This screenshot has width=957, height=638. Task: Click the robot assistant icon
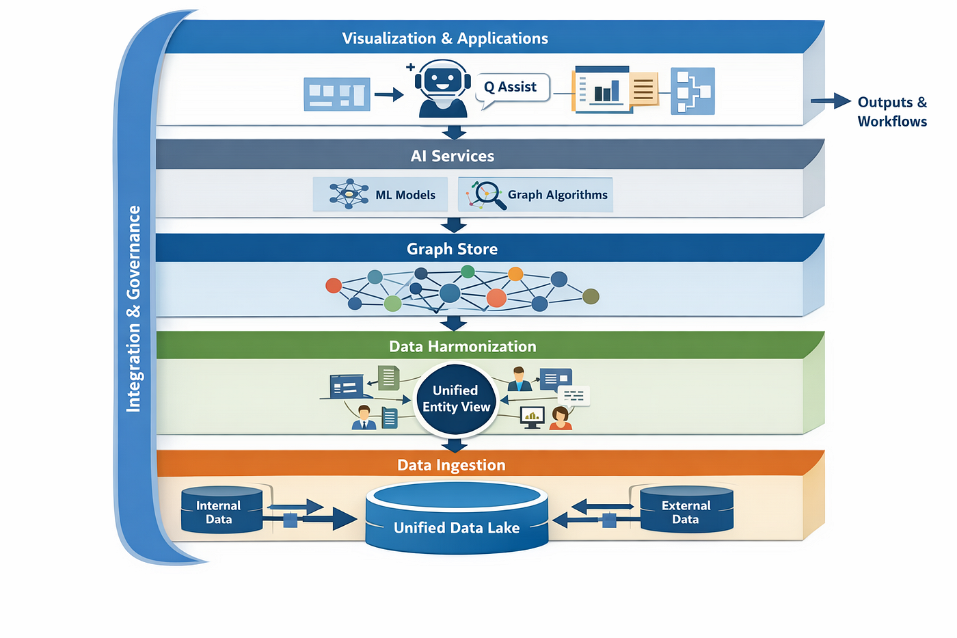click(442, 88)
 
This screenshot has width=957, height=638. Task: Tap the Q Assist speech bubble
click(513, 88)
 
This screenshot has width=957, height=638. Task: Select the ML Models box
click(380, 195)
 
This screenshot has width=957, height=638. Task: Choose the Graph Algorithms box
click(536, 195)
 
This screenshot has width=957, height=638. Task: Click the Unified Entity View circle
click(456, 399)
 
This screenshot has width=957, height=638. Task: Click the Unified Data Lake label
click(457, 528)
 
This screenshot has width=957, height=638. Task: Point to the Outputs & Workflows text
click(892, 111)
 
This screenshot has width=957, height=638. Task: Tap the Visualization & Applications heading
click(445, 38)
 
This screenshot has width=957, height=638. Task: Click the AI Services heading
click(452, 156)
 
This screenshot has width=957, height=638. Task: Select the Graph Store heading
click(452, 249)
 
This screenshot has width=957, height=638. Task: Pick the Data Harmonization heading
click(462, 346)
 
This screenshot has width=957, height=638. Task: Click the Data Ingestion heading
click(451, 465)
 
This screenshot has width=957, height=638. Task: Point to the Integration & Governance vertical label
click(133, 308)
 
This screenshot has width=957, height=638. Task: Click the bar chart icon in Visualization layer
click(603, 90)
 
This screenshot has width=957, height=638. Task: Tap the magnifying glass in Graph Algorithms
click(488, 194)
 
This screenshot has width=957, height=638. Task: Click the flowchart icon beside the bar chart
click(692, 91)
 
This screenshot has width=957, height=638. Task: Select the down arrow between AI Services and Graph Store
click(454, 225)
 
